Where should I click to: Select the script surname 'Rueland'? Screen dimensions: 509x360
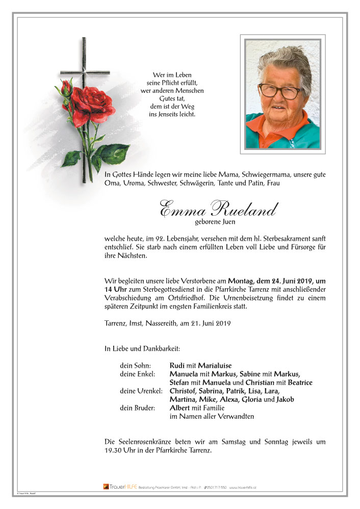(246, 210)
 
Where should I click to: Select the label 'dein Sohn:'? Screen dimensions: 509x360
(135, 365)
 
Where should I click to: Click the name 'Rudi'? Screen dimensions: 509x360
(177, 365)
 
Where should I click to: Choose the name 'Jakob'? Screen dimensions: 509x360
(285, 399)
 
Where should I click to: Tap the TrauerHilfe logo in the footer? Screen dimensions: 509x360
(116, 487)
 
